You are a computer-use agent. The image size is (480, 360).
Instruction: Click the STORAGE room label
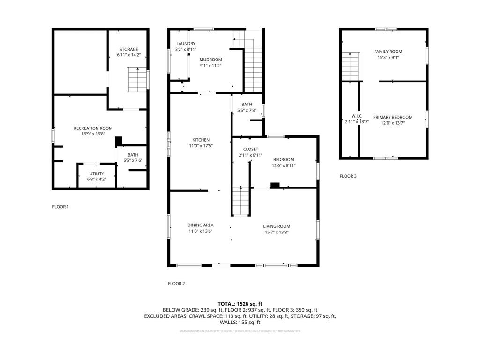tap(128, 49)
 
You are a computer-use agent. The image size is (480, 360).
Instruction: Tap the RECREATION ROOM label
tap(93, 128)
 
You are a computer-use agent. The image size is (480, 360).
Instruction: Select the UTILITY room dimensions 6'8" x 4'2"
tap(97, 179)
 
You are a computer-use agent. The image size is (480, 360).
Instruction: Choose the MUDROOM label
tap(210, 60)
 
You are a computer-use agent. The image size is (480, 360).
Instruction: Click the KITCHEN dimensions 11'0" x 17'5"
tap(201, 146)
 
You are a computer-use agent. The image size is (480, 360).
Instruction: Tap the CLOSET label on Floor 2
tap(250, 149)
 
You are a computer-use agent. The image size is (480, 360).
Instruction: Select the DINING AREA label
tap(201, 225)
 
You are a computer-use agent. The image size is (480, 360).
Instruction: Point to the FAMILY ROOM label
tap(388, 52)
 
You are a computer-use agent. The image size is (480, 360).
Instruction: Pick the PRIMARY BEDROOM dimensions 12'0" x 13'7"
tap(392, 123)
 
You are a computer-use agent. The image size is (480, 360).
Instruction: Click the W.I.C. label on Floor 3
tap(357, 116)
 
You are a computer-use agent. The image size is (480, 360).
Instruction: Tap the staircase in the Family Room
tap(350, 67)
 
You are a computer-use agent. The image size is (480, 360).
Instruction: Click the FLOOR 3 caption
tap(348, 176)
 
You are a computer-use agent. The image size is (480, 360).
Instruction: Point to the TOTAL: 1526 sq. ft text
tap(240, 304)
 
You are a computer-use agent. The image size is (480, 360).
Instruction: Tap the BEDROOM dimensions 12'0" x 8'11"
tap(284, 165)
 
